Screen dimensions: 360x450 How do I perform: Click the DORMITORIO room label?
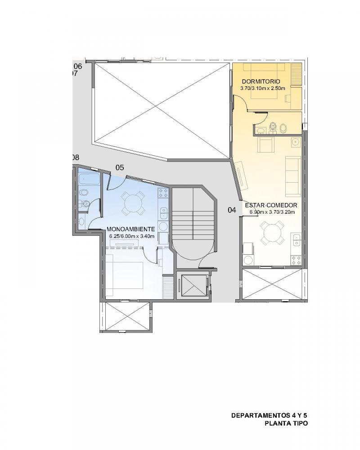tap(261, 81)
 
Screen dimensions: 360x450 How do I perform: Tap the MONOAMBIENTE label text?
tap(130, 229)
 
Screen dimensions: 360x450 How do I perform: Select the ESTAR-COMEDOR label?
tap(271, 205)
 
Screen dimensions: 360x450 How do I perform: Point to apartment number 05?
tap(119, 167)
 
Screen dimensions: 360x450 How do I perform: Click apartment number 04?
tap(232, 210)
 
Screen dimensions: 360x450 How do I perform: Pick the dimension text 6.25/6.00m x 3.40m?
tap(132, 236)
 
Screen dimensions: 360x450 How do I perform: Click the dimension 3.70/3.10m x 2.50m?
tap(263, 88)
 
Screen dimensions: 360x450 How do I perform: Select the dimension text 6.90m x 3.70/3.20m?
tap(272, 212)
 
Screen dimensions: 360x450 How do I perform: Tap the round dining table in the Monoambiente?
tap(133, 203)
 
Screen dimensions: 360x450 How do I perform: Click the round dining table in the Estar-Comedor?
tap(272, 233)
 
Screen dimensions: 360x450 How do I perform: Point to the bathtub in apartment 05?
tap(89, 179)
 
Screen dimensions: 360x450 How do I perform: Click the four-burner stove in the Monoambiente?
tap(163, 193)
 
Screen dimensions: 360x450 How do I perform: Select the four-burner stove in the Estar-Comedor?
tap(296, 260)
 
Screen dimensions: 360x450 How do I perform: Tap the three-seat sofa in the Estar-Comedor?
tap(293, 176)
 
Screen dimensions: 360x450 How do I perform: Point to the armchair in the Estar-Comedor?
tap(266, 144)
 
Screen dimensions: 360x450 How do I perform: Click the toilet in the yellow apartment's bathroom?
tap(272, 128)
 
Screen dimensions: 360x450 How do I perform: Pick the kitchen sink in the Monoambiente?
tap(164, 213)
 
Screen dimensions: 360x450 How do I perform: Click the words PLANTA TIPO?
tap(286, 423)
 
